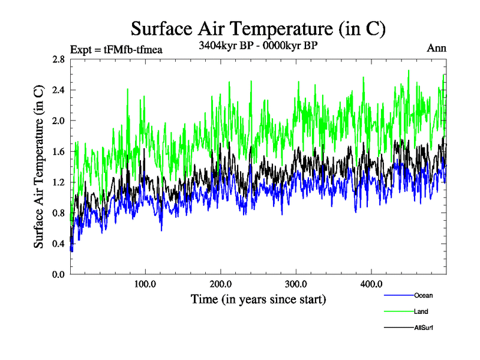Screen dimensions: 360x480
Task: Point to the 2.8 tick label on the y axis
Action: point(59,59)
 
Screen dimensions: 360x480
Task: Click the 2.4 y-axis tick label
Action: point(59,90)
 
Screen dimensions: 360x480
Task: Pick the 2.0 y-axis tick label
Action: point(59,121)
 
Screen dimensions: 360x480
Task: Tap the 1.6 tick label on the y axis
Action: point(59,151)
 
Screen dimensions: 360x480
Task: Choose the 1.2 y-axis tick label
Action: point(59,182)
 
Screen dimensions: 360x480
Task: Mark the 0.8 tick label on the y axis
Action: point(59,212)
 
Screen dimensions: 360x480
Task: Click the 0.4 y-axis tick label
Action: point(59,244)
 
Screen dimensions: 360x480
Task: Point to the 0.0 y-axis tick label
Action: point(59,274)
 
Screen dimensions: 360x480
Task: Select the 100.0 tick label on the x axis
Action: point(145,283)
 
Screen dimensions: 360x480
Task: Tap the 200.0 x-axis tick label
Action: point(221,283)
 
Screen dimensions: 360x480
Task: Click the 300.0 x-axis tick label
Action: point(296,283)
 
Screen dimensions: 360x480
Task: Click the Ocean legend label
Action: point(423,295)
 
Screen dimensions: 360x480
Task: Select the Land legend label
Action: point(421,311)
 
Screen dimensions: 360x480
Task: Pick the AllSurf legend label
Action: point(424,328)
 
